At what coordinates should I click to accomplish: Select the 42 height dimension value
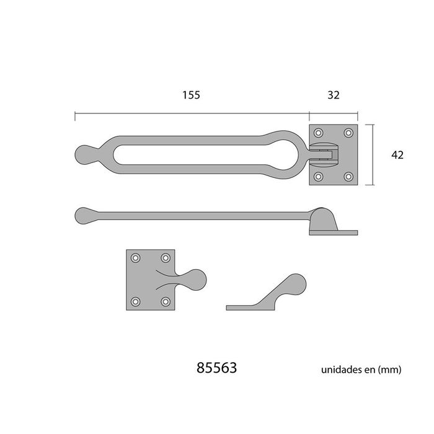click(x=397, y=155)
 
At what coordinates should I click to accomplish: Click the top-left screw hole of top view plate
click(x=319, y=133)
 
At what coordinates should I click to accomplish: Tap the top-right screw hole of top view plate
click(x=348, y=133)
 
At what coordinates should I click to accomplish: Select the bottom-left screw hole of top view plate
click(x=319, y=177)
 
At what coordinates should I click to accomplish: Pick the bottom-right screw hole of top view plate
click(x=348, y=177)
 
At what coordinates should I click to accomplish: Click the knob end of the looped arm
click(x=84, y=153)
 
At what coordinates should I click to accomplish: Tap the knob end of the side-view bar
click(x=84, y=215)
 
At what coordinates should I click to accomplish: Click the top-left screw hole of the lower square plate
click(x=136, y=258)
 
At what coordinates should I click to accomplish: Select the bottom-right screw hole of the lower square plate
click(x=165, y=302)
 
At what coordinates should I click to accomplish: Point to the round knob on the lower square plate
click(x=195, y=280)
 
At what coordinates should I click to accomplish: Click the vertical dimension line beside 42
click(x=373, y=155)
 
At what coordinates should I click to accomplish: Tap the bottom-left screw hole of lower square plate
click(x=136, y=302)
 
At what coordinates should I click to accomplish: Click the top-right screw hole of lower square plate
click(x=165, y=258)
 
